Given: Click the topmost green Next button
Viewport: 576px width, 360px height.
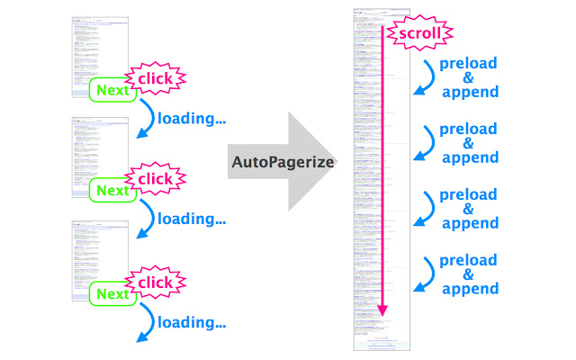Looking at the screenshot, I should click(x=112, y=90).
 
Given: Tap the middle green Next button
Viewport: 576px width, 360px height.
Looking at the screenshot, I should click(x=112, y=190).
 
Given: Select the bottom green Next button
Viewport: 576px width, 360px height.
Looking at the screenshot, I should click(x=112, y=294).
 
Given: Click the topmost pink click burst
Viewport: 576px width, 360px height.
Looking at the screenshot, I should click(x=154, y=78).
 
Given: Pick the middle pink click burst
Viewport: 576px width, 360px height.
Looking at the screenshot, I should click(x=154, y=179).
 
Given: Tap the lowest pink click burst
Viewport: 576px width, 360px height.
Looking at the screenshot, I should click(x=154, y=283).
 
